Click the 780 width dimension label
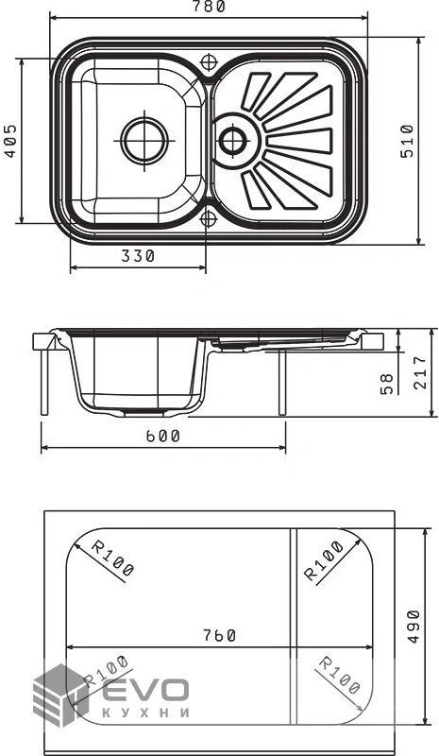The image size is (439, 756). tap(209, 7)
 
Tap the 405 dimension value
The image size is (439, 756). tap(10, 141)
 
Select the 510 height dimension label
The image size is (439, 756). tap(407, 141)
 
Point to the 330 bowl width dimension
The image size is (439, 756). tap(138, 256)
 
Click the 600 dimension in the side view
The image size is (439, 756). tap(163, 436)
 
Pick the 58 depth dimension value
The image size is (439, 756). tap(387, 384)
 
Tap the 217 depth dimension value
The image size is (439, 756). tap(420, 372)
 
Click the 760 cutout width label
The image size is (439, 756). tap(219, 635)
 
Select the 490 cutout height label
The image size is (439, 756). tap(414, 627)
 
